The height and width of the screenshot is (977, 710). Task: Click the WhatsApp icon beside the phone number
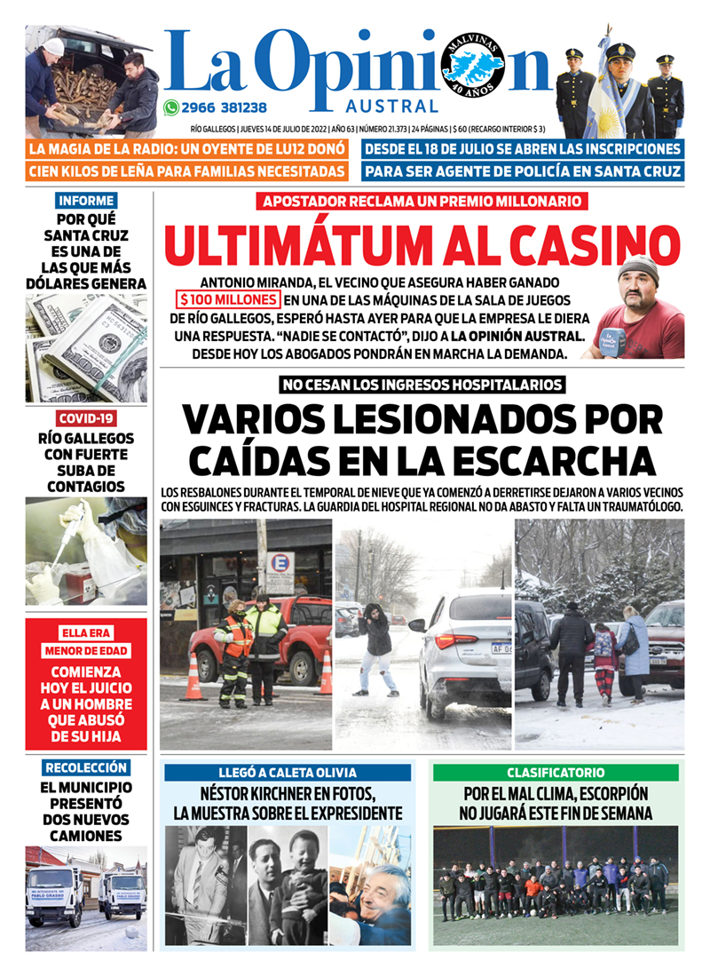coord(171,107)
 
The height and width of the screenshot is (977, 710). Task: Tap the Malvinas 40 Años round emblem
coord(472,65)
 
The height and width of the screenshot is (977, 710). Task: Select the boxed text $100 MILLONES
coord(228,299)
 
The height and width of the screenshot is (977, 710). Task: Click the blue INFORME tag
coord(85,201)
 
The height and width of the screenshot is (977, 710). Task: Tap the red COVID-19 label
coord(86,418)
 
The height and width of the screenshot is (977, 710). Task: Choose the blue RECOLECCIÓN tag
coord(86,767)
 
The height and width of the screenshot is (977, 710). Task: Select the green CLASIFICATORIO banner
coord(556,773)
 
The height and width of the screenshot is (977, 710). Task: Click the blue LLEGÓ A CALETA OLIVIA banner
coord(288,773)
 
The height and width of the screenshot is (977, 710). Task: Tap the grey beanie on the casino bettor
coord(637,266)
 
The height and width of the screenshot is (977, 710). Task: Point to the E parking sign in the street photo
coord(280,569)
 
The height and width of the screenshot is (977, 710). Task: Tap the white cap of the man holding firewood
coord(54,46)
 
